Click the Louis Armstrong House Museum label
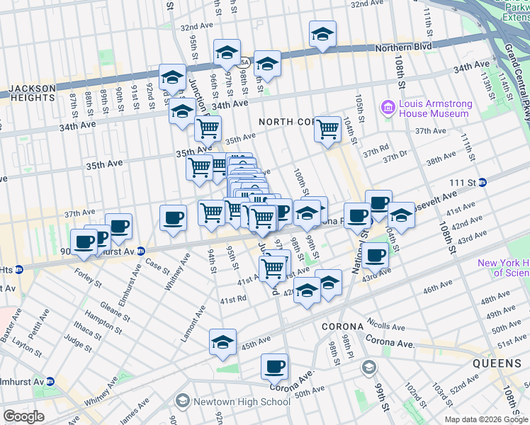(x=434, y=108)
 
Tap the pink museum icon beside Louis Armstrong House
(x=388, y=108)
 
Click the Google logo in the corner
(x=23, y=416)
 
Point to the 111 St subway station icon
(x=482, y=182)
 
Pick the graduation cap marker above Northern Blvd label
(x=322, y=34)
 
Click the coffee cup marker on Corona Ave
(x=274, y=367)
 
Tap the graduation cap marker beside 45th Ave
(x=222, y=341)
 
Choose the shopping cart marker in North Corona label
(x=327, y=129)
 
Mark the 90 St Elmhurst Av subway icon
(x=140, y=250)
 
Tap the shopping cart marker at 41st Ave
(x=273, y=267)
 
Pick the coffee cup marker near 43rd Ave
(x=375, y=255)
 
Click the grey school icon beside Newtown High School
(x=182, y=402)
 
